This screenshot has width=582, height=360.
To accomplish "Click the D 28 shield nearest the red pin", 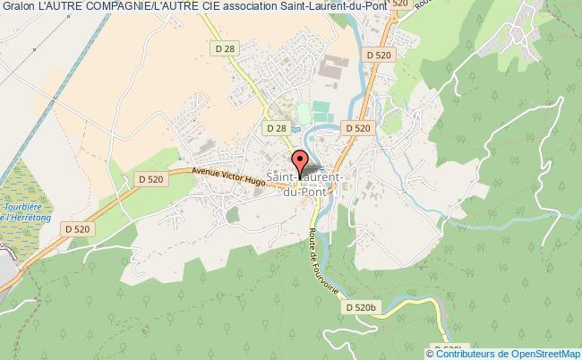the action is [x=277, y=128].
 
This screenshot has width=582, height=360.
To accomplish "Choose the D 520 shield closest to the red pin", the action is [x=356, y=128].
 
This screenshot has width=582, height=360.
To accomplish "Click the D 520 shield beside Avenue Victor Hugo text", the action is [x=151, y=179].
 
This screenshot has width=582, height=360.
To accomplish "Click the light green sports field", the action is [x=303, y=113].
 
